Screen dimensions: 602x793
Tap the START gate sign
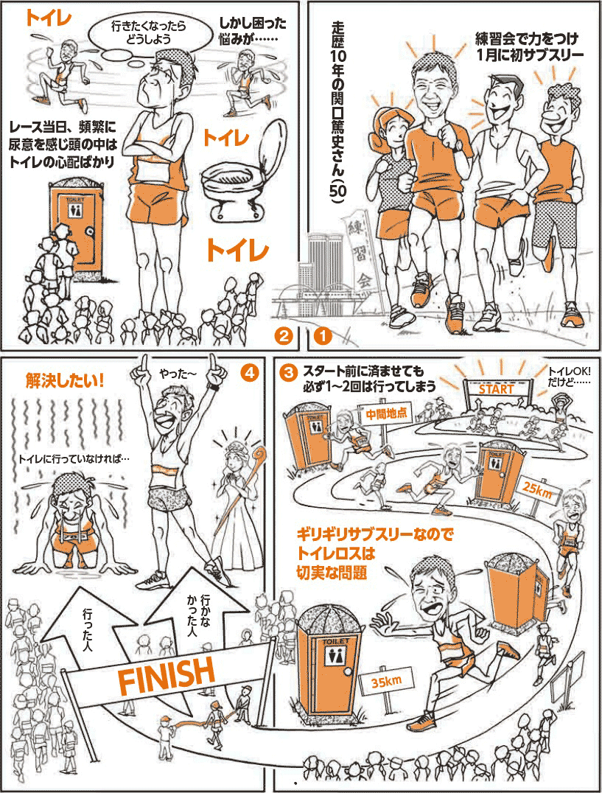click(x=497, y=389)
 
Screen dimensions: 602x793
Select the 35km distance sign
click(x=387, y=682)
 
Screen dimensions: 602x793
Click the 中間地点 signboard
click(x=386, y=413)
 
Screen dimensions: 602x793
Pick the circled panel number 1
click(x=323, y=335)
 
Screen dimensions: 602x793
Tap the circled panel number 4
click(x=249, y=372)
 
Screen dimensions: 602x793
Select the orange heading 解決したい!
click(x=65, y=380)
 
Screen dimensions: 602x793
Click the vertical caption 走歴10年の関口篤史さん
click(x=336, y=112)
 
